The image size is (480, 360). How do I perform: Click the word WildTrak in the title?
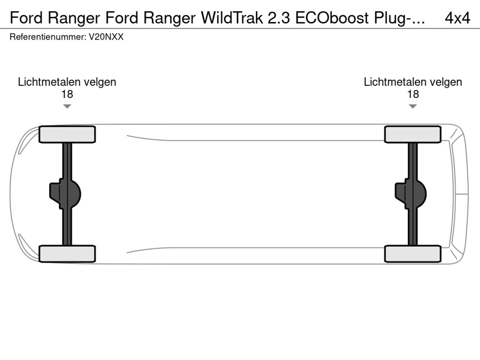[232, 18]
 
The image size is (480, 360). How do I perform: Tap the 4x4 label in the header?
[457, 18]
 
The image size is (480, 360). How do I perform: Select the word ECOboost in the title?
[332, 18]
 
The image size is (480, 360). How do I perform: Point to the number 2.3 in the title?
[279, 18]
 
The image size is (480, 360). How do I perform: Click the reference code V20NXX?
[106, 37]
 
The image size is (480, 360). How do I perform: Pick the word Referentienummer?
[47, 37]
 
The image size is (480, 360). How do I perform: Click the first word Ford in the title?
[26, 18]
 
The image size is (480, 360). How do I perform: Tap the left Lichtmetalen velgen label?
[67, 82]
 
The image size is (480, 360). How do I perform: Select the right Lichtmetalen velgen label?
[412, 82]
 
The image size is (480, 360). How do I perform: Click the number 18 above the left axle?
[67, 94]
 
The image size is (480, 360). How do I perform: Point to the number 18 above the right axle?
[412, 94]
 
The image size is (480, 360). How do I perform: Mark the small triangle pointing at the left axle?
[67, 106]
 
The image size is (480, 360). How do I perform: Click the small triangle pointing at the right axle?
[412, 106]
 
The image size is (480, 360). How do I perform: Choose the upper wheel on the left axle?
[67, 134]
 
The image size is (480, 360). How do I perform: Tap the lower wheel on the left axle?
[67, 253]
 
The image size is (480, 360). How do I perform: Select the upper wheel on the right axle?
[412, 134]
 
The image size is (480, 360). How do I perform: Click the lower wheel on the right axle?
[412, 253]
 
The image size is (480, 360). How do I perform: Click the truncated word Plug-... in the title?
[399, 18]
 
